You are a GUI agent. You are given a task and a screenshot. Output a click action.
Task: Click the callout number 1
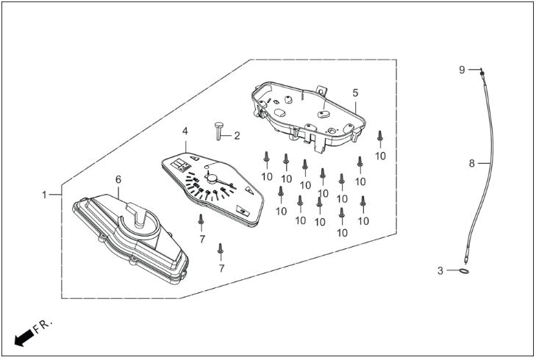(44, 195)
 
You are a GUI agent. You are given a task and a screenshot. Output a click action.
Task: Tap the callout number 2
(237, 136)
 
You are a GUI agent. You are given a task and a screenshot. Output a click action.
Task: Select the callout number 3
(440, 271)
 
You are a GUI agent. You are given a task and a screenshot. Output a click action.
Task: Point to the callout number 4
(185, 132)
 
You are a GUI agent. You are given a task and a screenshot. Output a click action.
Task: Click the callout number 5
(356, 93)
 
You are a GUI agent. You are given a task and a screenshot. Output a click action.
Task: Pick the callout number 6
(118, 179)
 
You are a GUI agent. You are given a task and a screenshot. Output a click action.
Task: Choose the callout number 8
(472, 164)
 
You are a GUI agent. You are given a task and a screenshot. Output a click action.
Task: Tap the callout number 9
(462, 70)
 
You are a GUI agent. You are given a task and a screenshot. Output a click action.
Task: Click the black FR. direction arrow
(24, 339)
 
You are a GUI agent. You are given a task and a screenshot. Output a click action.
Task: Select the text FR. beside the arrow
(43, 326)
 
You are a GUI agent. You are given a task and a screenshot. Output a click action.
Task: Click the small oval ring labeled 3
(463, 271)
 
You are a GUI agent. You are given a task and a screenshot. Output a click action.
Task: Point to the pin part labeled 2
(219, 130)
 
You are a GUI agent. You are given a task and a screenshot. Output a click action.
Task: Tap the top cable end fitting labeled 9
(482, 73)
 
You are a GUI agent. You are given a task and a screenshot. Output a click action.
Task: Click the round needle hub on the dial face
(212, 178)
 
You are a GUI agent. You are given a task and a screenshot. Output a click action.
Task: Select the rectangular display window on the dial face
(181, 165)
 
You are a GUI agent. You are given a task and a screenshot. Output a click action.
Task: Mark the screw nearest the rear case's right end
(380, 136)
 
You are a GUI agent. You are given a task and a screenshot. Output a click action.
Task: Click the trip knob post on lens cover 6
(138, 215)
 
